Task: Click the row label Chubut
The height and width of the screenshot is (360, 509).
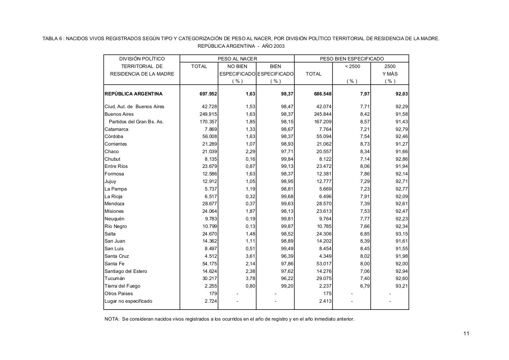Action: tap(113, 159)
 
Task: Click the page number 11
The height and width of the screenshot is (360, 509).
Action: tap(466, 333)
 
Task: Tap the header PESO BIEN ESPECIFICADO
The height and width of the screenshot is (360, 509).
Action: tap(352, 59)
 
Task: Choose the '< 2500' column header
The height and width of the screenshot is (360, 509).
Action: tap(352, 66)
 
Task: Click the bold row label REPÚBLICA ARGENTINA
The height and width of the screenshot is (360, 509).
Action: tap(134, 94)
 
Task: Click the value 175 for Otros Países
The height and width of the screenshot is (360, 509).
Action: tap(328, 294)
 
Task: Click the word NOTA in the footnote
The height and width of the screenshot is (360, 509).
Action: tap(112, 319)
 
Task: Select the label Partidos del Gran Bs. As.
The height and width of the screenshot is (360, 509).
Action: tap(136, 122)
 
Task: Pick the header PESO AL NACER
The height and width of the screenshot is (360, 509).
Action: tap(237, 59)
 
